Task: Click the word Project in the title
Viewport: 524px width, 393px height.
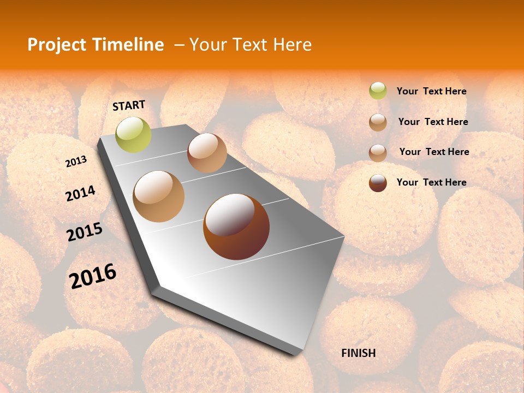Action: pos(57,45)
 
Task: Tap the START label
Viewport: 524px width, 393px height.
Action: pos(129,105)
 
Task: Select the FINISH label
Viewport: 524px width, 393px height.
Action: pos(358,353)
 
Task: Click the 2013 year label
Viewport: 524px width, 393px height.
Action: pos(76,162)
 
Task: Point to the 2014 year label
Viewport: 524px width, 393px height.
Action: pos(80,193)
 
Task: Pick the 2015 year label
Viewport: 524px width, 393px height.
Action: pos(85,232)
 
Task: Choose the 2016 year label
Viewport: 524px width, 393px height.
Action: pos(93,276)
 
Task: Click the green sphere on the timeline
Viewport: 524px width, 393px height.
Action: pos(133,135)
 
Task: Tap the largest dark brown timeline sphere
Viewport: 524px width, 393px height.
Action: pos(236,227)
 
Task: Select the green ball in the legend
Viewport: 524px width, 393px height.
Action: pos(378,91)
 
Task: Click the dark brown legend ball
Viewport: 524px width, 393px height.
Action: pos(378,183)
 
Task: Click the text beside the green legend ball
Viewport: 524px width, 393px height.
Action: pos(431,92)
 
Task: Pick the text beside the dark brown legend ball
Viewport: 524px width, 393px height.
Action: pos(431,182)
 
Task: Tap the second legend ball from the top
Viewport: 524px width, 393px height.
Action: pos(378,122)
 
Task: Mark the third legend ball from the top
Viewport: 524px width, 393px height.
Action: pos(378,153)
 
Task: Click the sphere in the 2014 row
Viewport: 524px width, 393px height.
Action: pos(159,196)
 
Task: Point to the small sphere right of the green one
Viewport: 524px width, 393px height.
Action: pos(207,153)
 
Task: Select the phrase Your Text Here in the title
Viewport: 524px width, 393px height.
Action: pos(251,45)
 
